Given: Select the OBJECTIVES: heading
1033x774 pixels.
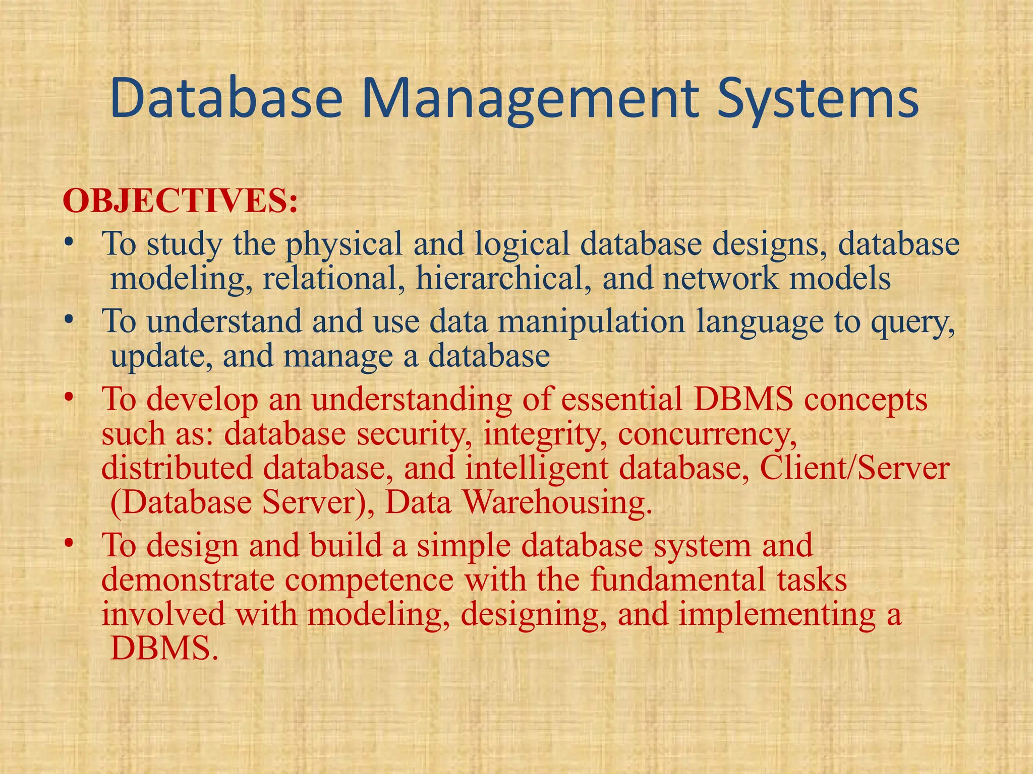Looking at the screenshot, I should (180, 201).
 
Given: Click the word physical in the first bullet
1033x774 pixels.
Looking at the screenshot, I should (343, 244).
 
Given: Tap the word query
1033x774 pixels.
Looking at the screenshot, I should (912, 322).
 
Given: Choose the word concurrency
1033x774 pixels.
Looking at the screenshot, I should (707, 434).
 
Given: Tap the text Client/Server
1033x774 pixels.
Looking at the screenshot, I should (854, 469).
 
